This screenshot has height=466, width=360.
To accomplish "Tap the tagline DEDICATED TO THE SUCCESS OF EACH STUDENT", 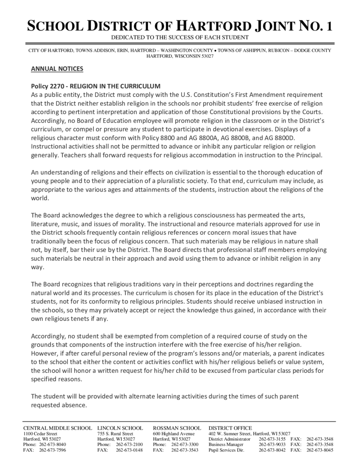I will [180, 37].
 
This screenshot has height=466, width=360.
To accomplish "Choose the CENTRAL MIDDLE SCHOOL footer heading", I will [57, 428].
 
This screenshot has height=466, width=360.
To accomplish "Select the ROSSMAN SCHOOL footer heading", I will [177, 428].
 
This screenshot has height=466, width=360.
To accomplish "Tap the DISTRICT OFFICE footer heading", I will [230, 428].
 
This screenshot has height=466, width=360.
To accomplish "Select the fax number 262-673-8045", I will [320, 450].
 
